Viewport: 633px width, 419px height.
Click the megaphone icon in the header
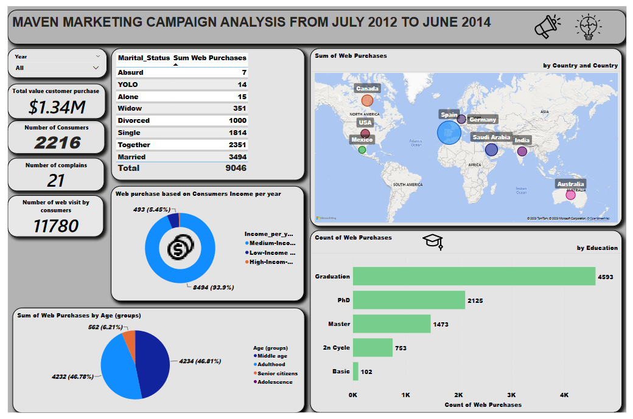pyautogui.click(x=547, y=26)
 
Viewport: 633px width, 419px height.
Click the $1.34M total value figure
pyautogui.click(x=57, y=107)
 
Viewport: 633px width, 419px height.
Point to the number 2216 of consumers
pyautogui.click(x=57, y=142)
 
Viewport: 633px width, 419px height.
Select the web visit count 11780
pyautogui.click(x=56, y=226)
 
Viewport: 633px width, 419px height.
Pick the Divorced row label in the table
pyautogui.click(x=133, y=120)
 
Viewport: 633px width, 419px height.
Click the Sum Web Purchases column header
pyautogui.click(x=210, y=58)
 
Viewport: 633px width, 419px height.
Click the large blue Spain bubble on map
pyautogui.click(x=449, y=132)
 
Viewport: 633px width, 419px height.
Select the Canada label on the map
pyautogui.click(x=367, y=89)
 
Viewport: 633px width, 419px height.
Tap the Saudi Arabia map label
pyautogui.click(x=491, y=137)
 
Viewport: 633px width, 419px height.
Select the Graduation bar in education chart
pyautogui.click(x=474, y=276)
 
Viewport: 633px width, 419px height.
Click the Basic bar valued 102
pyautogui.click(x=355, y=371)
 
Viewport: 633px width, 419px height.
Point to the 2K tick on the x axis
pyautogui.click(x=458, y=395)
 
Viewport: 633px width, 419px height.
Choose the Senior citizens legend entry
pyautogui.click(x=277, y=373)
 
